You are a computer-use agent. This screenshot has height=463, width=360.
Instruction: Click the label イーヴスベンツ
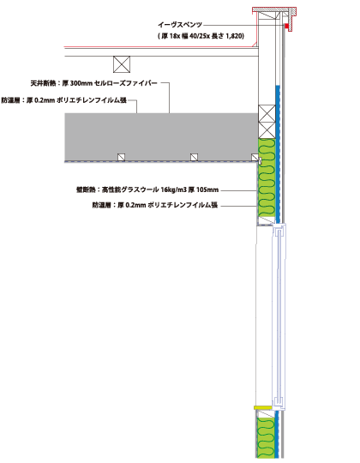pyautogui.click(x=180, y=25)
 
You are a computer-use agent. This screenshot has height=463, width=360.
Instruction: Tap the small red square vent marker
pyautogui.click(x=286, y=26)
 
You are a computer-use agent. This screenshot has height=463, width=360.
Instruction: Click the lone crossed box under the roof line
pyautogui.click(x=122, y=64)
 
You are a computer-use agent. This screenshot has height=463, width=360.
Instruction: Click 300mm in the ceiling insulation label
pyautogui.click(x=81, y=83)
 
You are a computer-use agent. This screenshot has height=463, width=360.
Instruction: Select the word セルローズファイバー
pyautogui.click(x=126, y=83)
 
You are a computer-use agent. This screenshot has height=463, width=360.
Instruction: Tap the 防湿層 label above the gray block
pyautogui.click(x=10, y=100)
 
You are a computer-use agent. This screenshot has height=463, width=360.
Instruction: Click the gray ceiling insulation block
pyautogui.click(x=161, y=137)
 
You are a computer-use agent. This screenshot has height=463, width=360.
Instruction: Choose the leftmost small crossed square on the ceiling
pyautogui.click(x=121, y=157)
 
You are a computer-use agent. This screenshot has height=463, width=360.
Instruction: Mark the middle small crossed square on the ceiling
pyautogui.click(x=194, y=157)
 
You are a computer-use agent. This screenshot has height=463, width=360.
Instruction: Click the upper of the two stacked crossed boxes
pyautogui.click(x=267, y=113)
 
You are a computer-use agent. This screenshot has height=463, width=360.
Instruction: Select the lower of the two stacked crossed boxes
pyautogui.click(x=267, y=130)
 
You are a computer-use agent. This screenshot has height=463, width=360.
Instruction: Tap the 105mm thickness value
pyautogui.click(x=207, y=189)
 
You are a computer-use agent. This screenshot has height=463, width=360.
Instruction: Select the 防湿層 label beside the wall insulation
pyautogui.click(x=102, y=205)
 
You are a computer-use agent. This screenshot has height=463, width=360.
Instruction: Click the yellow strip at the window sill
pyautogui.click(x=263, y=407)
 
